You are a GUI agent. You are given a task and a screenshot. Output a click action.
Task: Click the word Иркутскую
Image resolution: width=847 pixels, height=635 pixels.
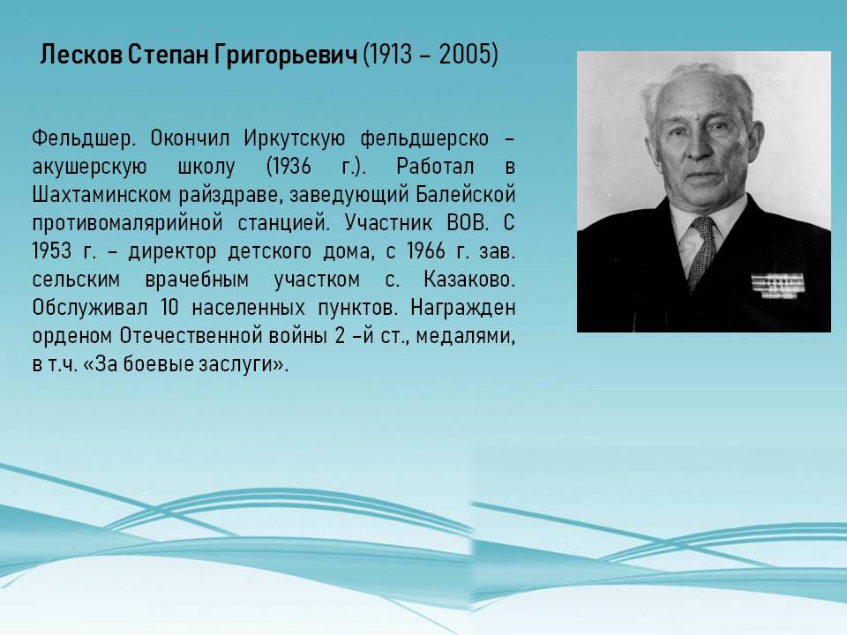(x=294, y=139)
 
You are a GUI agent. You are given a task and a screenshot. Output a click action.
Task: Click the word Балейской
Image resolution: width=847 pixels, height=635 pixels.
(x=466, y=195)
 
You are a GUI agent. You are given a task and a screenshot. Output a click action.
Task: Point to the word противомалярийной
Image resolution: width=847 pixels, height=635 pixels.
(x=127, y=223)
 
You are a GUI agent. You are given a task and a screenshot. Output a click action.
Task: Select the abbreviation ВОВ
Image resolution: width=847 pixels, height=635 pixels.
(x=468, y=223)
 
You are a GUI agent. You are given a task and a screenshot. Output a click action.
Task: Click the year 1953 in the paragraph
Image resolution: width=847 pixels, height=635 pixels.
(x=52, y=251)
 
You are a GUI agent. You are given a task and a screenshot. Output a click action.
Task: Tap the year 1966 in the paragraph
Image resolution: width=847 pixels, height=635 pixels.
(x=425, y=251)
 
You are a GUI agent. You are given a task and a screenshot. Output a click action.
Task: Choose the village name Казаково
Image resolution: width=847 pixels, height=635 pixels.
(x=468, y=280)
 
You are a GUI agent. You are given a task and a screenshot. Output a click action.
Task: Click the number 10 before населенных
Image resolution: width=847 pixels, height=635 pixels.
(x=169, y=308)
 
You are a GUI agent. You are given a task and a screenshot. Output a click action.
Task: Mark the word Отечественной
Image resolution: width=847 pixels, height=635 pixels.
(x=191, y=336)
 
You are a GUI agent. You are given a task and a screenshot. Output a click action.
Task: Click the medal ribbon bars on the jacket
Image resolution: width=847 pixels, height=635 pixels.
(x=777, y=286)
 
